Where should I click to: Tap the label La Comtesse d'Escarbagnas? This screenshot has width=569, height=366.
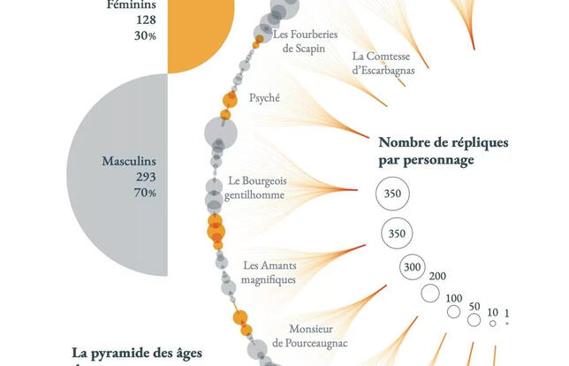383,63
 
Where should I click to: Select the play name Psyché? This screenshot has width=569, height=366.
265,98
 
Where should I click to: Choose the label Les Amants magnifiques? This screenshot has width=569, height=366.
269,271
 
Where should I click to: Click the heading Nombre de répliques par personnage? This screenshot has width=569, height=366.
436,150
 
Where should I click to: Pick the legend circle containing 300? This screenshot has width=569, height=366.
410,267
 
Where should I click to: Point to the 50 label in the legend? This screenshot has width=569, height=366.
474,306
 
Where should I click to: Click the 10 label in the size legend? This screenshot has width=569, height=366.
492,311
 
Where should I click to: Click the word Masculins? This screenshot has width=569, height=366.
128,163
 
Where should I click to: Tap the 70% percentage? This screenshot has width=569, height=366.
146,193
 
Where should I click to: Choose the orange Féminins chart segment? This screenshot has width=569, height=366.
199,35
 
